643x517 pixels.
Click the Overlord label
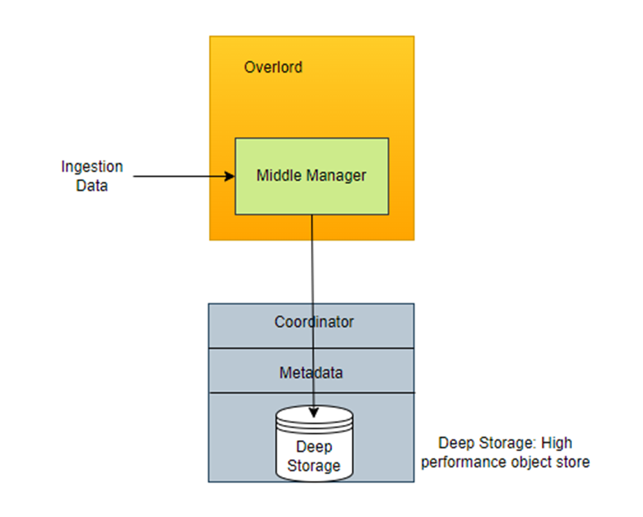pos(273,67)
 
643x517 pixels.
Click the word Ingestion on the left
pos(92,166)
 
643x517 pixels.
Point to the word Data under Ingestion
pos(92,185)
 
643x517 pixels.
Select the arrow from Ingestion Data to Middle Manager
pos(180,175)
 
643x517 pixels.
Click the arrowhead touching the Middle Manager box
pos(228,175)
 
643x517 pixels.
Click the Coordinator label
pos(314,322)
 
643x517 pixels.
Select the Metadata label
pos(311,373)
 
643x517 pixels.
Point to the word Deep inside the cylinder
pos(314,447)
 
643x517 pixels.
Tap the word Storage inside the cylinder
pos(314,466)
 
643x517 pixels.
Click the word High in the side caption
pos(557,444)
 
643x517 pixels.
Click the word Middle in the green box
pos(278,175)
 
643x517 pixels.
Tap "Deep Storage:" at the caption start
pos(487,444)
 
